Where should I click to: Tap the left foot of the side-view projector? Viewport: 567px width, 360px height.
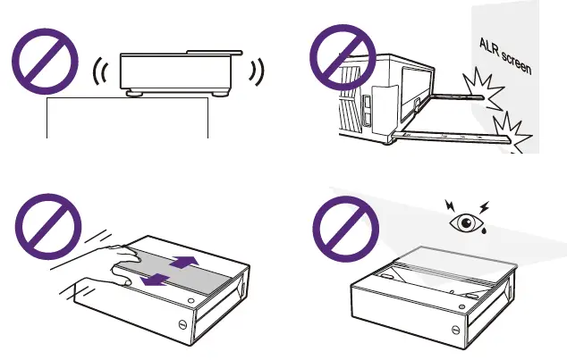click(x=134, y=90)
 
